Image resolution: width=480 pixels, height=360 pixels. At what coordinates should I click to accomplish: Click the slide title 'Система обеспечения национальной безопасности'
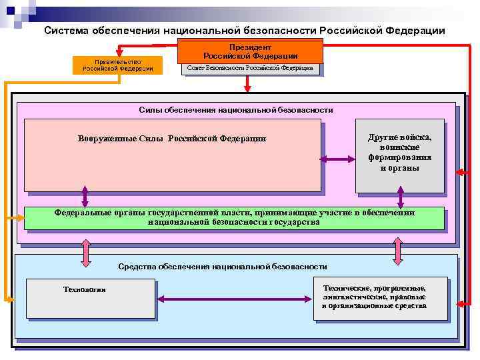coord(244,30)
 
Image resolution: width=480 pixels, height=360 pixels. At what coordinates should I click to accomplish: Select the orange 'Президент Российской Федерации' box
coord(250,51)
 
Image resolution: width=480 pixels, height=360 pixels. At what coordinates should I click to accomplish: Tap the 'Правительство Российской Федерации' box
coord(118,65)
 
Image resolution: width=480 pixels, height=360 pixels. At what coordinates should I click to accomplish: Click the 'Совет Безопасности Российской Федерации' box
coord(250,68)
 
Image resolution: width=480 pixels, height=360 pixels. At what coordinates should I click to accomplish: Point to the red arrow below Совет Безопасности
coord(247,83)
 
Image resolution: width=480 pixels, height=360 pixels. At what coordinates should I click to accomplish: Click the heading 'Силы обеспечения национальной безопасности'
coord(236,109)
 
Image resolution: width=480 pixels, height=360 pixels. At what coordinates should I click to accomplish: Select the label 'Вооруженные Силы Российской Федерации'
coord(172,138)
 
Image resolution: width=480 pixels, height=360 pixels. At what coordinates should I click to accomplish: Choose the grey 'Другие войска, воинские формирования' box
coord(400,153)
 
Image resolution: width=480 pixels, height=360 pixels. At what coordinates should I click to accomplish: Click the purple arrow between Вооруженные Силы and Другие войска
coord(338,159)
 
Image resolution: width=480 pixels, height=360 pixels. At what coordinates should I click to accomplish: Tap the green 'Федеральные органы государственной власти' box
coord(234,217)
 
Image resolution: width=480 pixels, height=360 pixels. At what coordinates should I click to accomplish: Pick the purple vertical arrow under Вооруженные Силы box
coord(85,196)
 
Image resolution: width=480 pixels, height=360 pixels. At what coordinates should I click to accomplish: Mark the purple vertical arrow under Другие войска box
coord(400,197)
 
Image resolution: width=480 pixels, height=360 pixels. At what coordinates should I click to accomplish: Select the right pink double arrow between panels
coord(398,251)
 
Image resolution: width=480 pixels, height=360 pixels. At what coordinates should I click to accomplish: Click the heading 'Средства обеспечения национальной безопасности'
coord(222,267)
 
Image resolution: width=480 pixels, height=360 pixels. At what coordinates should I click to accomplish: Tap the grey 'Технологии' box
coord(90,298)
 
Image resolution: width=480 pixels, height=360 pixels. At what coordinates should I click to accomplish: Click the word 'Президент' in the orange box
coord(250,47)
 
